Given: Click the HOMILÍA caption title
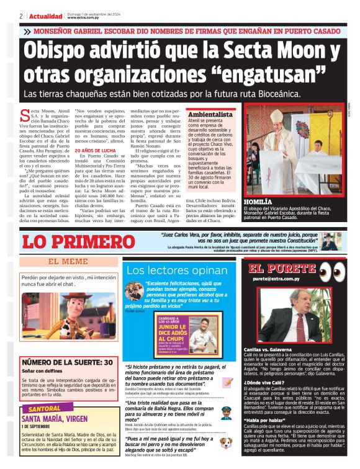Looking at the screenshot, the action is click(259, 202).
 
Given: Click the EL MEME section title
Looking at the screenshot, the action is click(68, 262).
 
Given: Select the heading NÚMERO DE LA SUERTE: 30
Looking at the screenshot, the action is click(68, 362).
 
